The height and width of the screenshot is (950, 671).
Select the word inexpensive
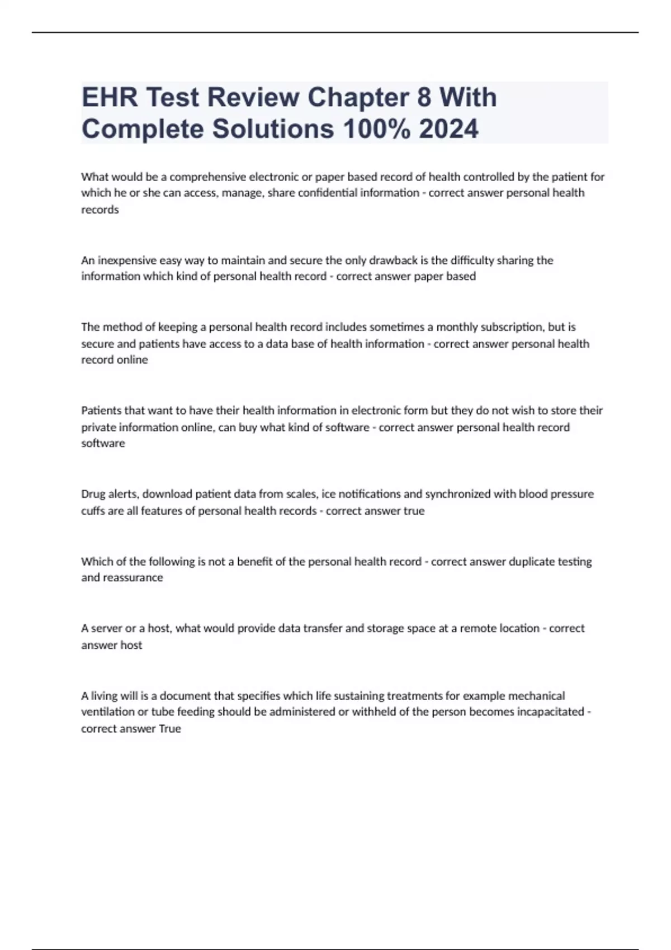click(127, 260)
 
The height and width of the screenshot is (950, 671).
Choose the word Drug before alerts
click(93, 494)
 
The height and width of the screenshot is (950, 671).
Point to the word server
click(106, 629)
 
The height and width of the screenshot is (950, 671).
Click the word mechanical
click(535, 696)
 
